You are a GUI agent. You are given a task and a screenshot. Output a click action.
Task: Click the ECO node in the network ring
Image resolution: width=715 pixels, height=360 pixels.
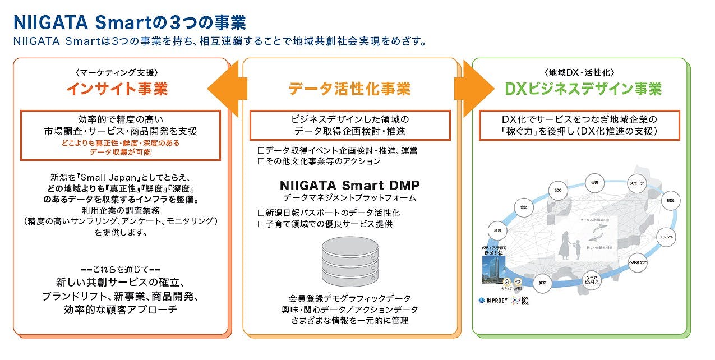557,191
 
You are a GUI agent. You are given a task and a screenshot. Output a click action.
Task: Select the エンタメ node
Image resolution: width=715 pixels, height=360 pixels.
666,237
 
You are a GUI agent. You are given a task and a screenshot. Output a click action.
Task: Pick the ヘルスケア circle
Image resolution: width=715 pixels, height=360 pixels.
638,263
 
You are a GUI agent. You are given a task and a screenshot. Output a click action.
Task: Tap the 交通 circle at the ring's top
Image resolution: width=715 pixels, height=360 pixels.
594,183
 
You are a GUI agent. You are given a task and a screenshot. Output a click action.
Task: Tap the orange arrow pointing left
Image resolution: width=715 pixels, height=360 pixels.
227,88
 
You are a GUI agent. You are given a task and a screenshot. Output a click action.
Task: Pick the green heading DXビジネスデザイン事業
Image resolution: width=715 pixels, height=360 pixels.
583,89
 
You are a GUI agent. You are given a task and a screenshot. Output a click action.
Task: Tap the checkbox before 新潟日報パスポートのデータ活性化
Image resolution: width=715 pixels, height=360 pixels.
260,213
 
